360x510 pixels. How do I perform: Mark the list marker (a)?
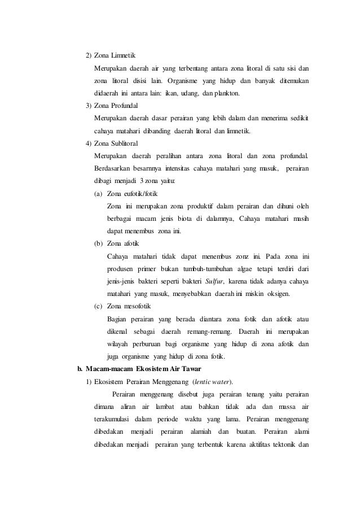coord(99,193)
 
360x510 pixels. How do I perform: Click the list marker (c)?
coord(99,305)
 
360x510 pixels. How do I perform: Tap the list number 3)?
coord(89,105)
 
